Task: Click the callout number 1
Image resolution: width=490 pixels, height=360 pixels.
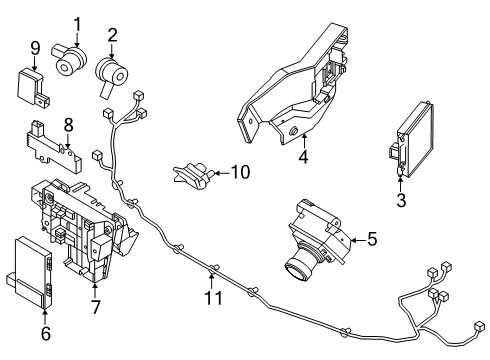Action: pyautogui.click(x=75, y=22)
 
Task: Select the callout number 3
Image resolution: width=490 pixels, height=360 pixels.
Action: pyautogui.click(x=400, y=201)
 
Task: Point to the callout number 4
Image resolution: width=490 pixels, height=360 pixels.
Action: pyautogui.click(x=303, y=158)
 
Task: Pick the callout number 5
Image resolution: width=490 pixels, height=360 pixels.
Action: pyautogui.click(x=371, y=239)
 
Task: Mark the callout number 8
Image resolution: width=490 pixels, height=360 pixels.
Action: pyautogui.click(x=69, y=124)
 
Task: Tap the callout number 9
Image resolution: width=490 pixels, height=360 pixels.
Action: pyautogui.click(x=34, y=47)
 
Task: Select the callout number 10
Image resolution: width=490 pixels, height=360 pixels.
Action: pyautogui.click(x=239, y=172)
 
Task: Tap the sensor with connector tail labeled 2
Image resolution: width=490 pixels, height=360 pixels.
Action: pyautogui.click(x=111, y=73)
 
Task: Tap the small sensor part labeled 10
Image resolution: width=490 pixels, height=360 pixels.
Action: pyautogui.click(x=196, y=175)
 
